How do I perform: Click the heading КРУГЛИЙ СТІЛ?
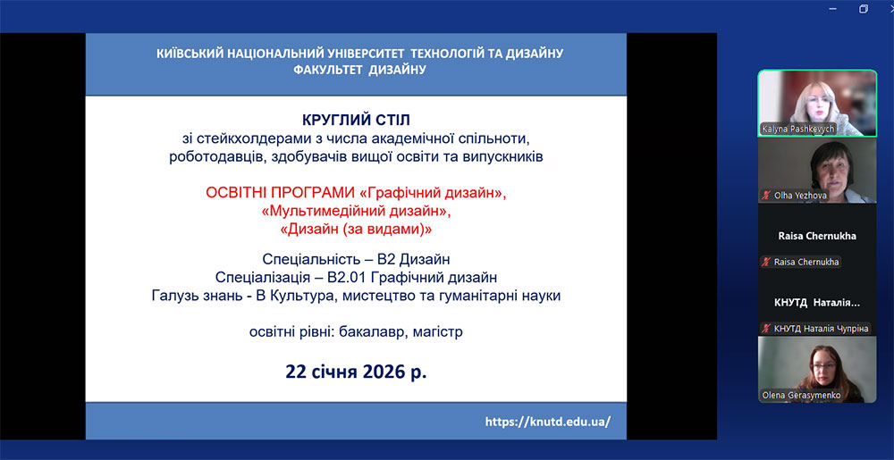[357, 121]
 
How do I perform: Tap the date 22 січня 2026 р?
[357, 372]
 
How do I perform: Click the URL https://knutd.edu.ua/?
[548, 422]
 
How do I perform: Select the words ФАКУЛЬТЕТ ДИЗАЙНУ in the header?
[359, 70]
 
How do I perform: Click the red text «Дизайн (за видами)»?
[357, 230]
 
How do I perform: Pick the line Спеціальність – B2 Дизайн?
[357, 260]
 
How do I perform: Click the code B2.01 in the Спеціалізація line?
[348, 278]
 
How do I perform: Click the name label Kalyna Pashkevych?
[806, 130]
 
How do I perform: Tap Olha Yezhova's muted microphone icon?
[767, 196]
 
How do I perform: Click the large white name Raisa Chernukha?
[817, 236]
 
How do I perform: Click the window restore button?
[864, 9]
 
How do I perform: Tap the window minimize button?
[831, 9]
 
